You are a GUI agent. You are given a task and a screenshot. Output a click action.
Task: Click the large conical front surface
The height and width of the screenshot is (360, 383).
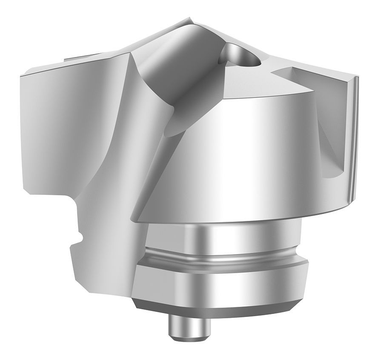[x=238, y=157]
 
